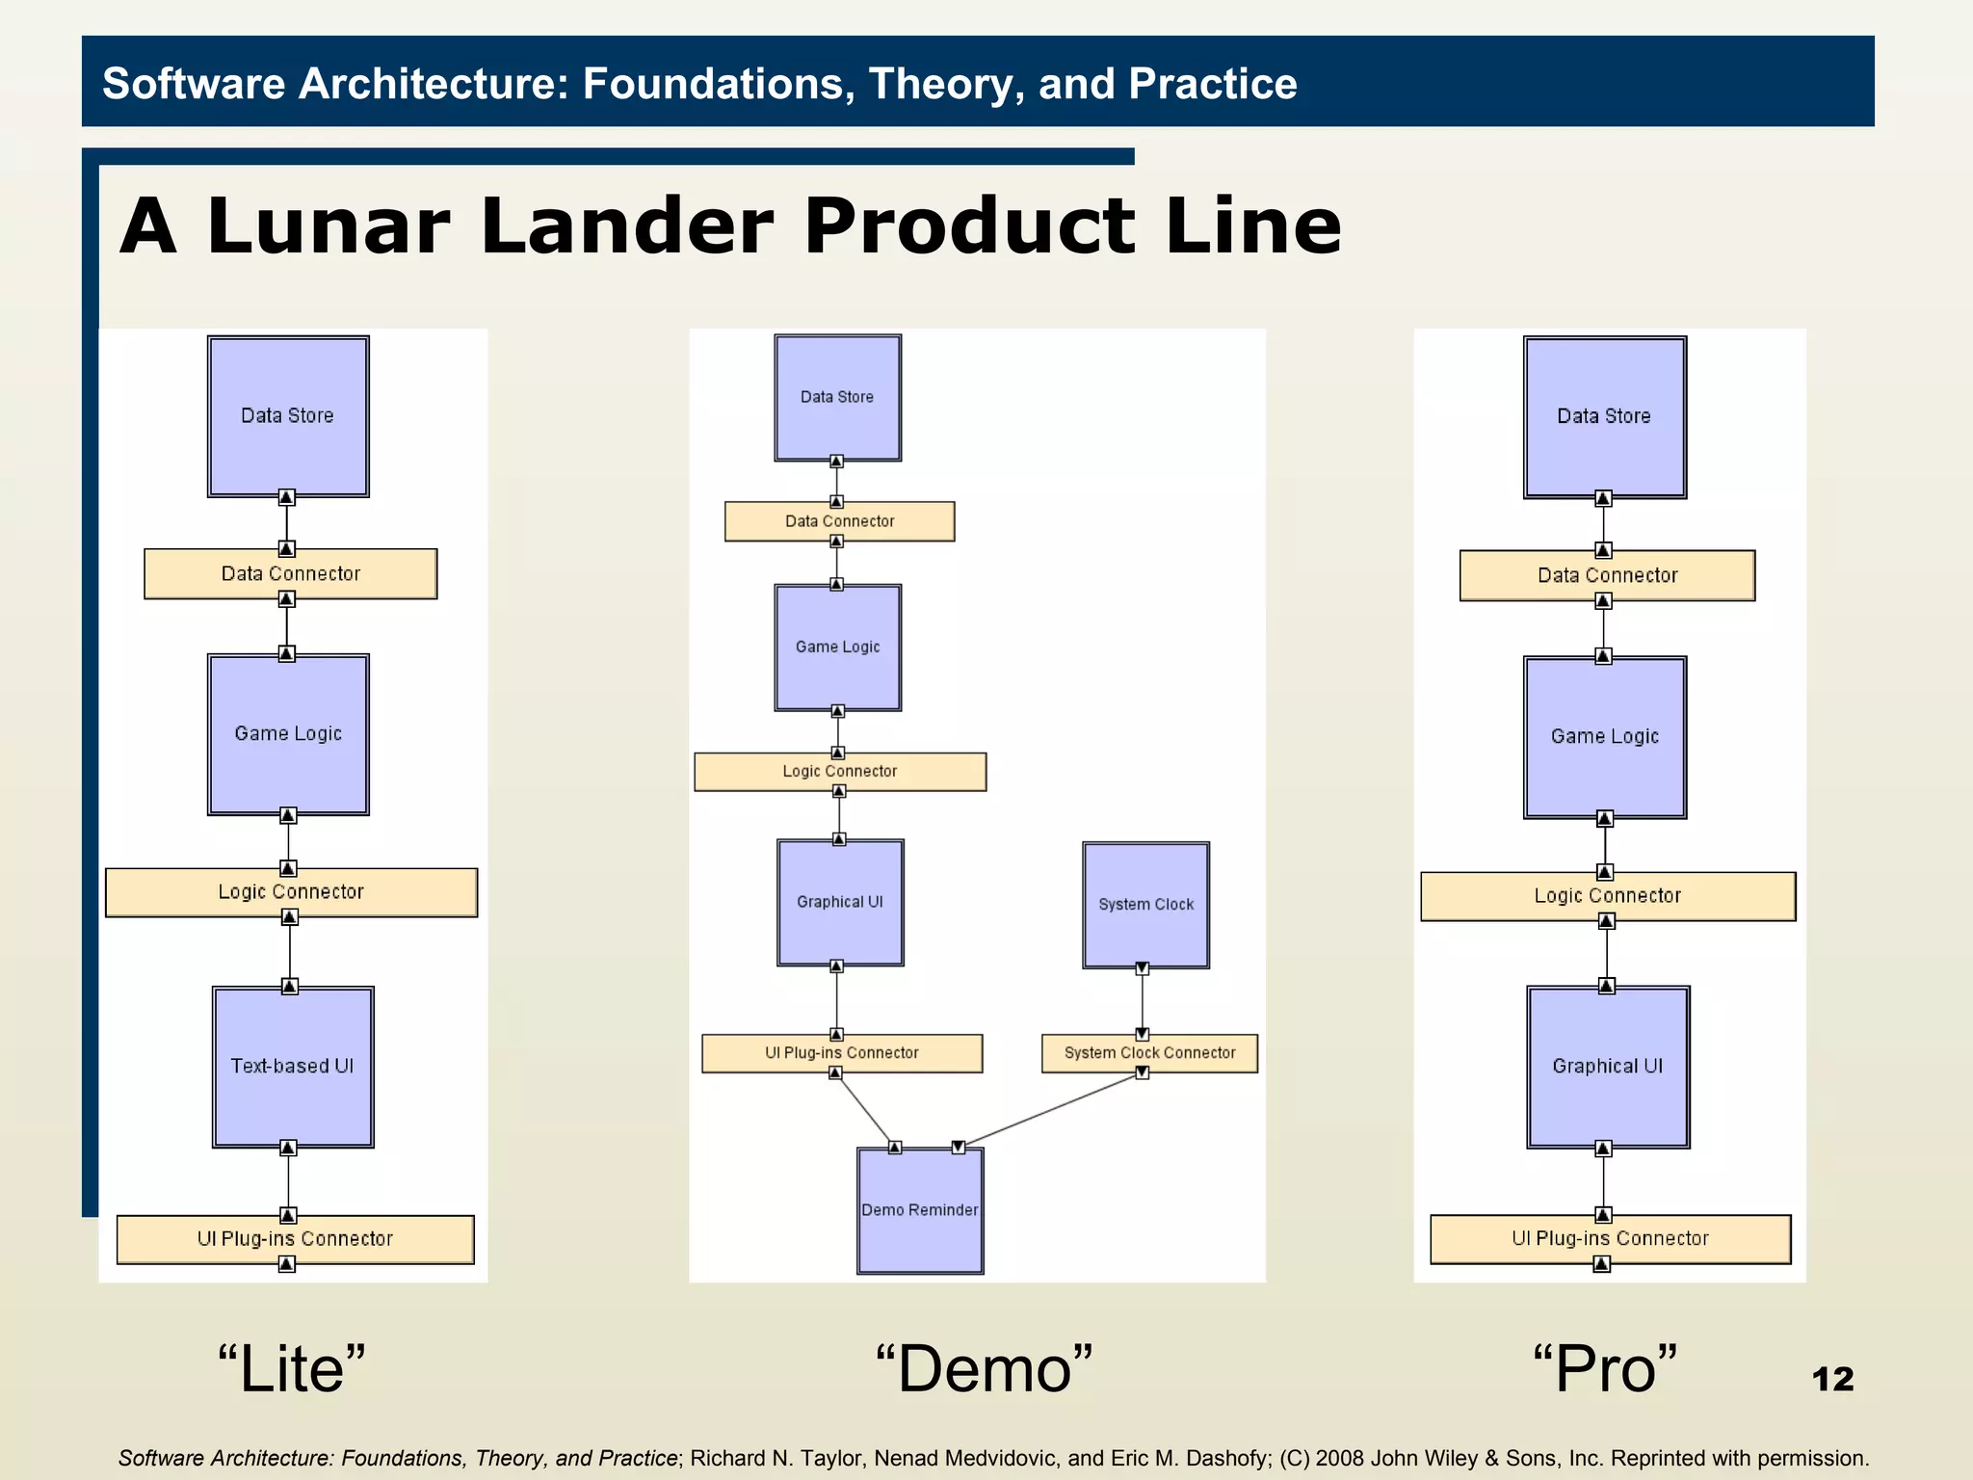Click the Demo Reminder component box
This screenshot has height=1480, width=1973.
click(920, 1210)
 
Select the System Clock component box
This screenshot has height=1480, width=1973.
click(1145, 905)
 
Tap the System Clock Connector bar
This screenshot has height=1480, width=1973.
click(1149, 1053)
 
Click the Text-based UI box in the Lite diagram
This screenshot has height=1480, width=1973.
click(292, 1067)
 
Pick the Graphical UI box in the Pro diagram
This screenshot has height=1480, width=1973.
click(1607, 1067)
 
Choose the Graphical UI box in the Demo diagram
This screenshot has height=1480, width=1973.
click(839, 902)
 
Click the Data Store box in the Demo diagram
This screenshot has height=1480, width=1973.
click(837, 397)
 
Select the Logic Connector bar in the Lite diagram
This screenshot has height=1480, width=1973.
click(291, 892)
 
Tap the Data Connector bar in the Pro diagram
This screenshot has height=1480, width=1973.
click(1607, 575)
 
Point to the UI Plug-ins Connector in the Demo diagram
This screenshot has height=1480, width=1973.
click(841, 1053)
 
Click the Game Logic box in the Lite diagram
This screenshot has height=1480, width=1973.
click(288, 734)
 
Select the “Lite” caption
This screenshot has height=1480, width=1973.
click(291, 1368)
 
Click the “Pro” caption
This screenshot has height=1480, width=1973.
click(1604, 1368)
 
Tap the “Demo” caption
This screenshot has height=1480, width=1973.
click(984, 1368)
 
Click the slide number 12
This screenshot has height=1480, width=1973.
click(1832, 1379)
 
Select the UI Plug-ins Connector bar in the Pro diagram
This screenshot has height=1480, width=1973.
click(1609, 1239)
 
